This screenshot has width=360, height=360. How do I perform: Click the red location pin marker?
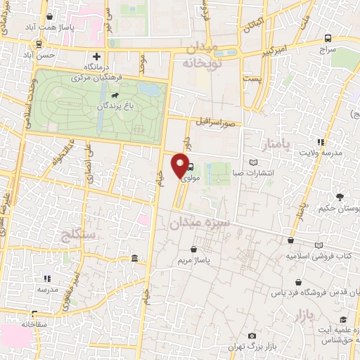coord(180,167)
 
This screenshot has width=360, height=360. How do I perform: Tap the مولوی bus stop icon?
coord(191,167)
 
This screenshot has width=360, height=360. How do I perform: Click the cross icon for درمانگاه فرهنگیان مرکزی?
coord(96,56)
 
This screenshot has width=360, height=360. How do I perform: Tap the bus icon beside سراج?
coord(328,39)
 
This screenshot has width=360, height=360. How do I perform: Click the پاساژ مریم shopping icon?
coord(193,248)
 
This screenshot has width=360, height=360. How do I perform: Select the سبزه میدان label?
coord(199,224)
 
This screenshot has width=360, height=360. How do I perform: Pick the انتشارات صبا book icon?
coord(253,160)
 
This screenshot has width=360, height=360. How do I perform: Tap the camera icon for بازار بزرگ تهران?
coord(252,337)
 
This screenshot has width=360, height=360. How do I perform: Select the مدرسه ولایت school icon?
coord(321,141)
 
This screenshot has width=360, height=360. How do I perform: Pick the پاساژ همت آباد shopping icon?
coord(49,16)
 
